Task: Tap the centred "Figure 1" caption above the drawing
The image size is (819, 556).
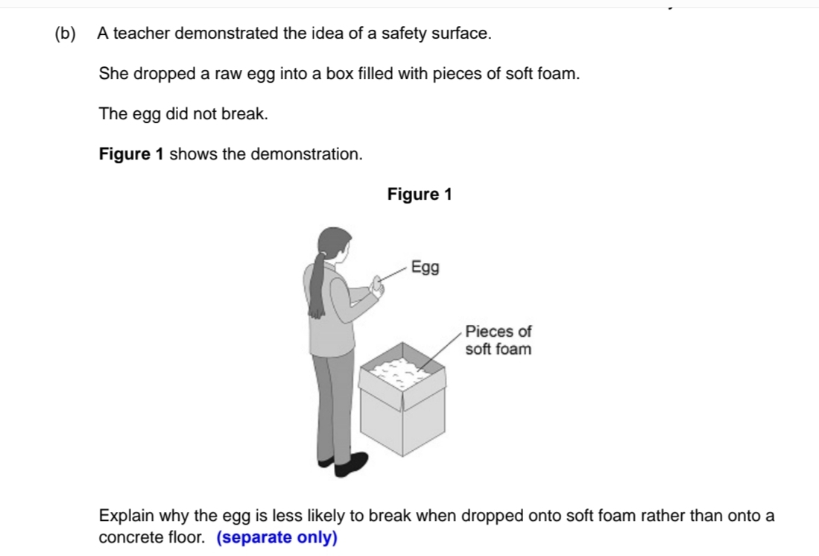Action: [x=420, y=195]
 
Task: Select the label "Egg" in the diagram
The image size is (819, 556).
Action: [x=426, y=267]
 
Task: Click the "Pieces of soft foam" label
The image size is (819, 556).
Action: [x=498, y=340]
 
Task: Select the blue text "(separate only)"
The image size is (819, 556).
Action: [x=276, y=537]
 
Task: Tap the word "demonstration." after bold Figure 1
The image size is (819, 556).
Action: [x=306, y=154]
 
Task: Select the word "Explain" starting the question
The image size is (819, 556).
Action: [x=124, y=515]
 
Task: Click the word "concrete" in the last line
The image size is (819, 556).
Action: [x=127, y=537]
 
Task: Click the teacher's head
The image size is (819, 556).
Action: [x=334, y=243]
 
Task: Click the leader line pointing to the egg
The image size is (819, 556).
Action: [x=396, y=273]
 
